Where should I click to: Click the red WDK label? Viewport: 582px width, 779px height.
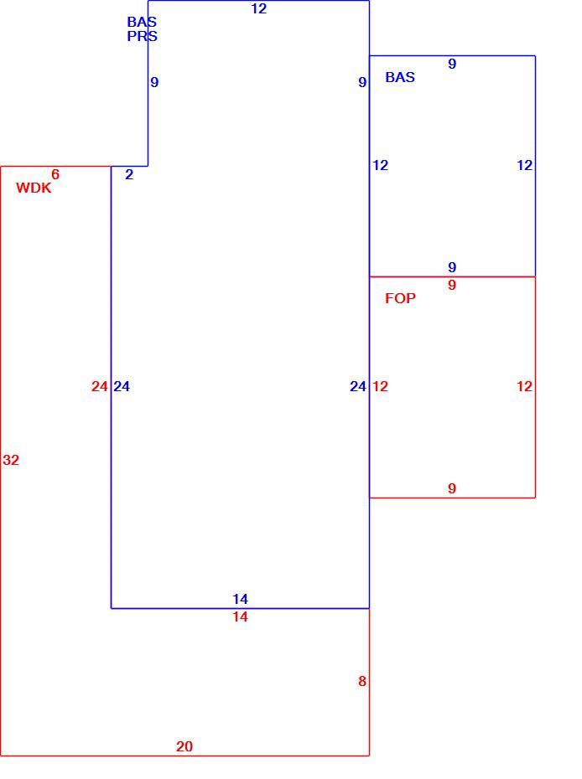[x=34, y=188]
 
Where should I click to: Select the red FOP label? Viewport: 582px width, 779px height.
[x=400, y=298]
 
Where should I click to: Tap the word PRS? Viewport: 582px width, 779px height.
[x=143, y=36]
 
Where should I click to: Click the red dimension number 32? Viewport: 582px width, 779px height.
[x=11, y=460]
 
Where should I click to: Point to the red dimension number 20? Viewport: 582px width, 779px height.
[x=184, y=746]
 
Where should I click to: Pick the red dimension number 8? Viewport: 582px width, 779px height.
[x=362, y=681]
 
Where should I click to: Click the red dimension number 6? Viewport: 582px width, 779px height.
[x=55, y=174]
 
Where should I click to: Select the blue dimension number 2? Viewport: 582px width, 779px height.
[x=129, y=174]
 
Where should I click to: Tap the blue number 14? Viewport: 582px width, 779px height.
[x=240, y=599]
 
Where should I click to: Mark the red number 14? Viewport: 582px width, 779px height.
[x=240, y=617]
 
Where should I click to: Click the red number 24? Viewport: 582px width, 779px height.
[x=100, y=386]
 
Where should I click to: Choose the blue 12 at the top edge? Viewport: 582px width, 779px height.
[x=258, y=9]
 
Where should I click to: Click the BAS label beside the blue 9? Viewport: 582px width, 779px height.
[x=400, y=77]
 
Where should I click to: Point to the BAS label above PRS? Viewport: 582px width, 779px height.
[x=143, y=22]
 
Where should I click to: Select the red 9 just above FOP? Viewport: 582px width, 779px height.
[x=452, y=285]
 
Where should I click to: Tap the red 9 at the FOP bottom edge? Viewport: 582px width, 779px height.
[x=452, y=488]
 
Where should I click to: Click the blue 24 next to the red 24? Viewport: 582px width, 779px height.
[x=122, y=386]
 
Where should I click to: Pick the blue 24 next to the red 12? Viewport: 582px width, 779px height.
[x=358, y=386]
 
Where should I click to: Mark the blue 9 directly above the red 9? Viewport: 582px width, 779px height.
[x=452, y=267]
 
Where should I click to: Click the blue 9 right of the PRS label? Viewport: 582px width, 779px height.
[x=154, y=82]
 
